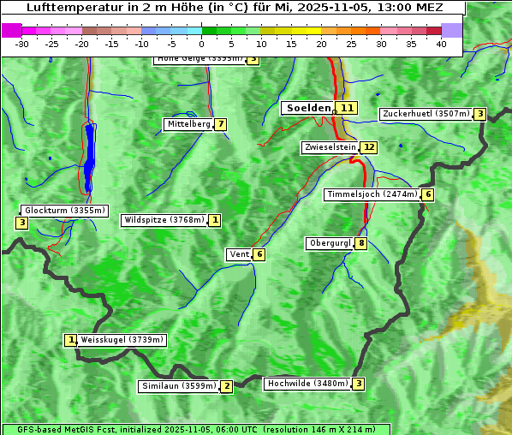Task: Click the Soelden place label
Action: pyautogui.click(x=307, y=108)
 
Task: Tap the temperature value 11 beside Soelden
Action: pyautogui.click(x=347, y=108)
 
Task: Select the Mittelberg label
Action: pyautogui.click(x=188, y=124)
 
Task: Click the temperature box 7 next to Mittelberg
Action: pyautogui.click(x=221, y=124)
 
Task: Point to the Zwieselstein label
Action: pyautogui.click(x=330, y=147)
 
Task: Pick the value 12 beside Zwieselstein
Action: pyautogui.click(x=369, y=147)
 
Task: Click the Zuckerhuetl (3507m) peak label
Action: pyautogui.click(x=426, y=114)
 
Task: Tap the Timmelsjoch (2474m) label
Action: pyautogui.click(x=372, y=194)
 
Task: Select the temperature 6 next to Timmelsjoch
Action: pyautogui.click(x=428, y=194)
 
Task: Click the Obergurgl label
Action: pyautogui.click(x=330, y=243)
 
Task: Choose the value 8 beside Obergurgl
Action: pyautogui.click(x=361, y=243)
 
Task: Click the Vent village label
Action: pyautogui.click(x=239, y=254)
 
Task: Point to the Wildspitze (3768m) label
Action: pyautogui.click(x=164, y=220)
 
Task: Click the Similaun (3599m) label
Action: pyautogui.click(x=178, y=386)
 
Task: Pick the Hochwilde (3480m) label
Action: pyautogui.click(x=307, y=384)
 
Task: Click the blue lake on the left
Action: pyautogui.click(x=89, y=154)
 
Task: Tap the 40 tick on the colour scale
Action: pyautogui.click(x=441, y=44)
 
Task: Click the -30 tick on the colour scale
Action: pyautogui.click(x=22, y=44)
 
